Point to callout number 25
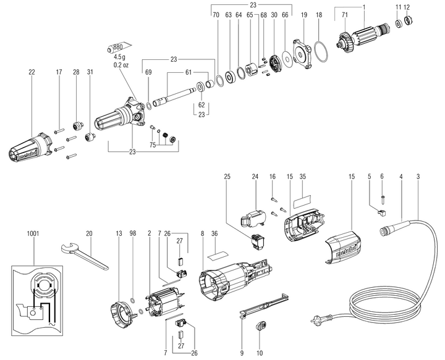click(227, 177)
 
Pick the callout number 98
click(133, 233)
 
